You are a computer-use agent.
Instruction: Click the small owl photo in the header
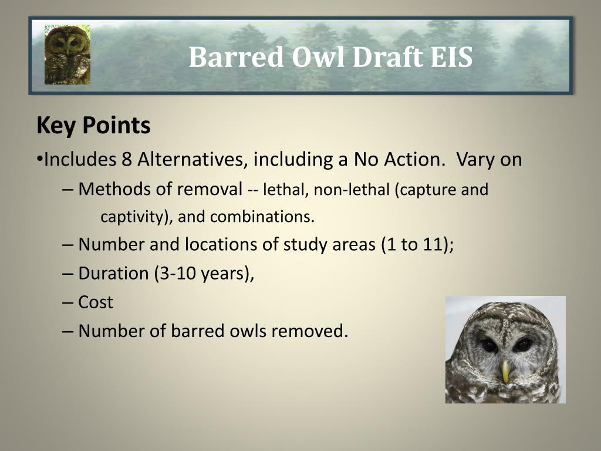point(67,55)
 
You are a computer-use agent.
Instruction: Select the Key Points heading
point(93,126)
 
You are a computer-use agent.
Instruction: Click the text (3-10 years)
point(204,274)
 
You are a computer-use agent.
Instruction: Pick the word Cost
point(96,302)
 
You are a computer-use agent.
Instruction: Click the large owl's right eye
point(522,345)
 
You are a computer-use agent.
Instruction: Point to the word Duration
point(113,274)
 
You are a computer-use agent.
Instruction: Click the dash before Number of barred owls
point(67,331)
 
